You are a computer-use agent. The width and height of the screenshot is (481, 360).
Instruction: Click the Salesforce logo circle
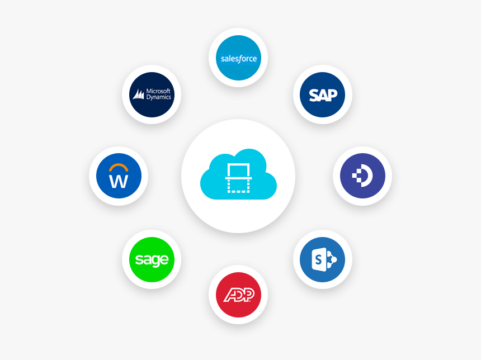[238, 58]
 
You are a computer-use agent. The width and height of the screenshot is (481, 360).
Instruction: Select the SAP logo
[322, 94]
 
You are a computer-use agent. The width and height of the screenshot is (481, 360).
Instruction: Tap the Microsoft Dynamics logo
[152, 94]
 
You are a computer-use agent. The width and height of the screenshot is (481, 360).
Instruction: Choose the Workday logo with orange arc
[119, 176]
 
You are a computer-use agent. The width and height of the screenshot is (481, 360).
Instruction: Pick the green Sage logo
[152, 259]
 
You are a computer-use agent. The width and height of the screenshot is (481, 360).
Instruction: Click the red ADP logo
[238, 295]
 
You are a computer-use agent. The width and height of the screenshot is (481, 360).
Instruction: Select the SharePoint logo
[322, 259]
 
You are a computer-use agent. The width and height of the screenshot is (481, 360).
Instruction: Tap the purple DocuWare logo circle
[362, 176]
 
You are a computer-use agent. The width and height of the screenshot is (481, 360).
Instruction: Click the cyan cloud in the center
[238, 174]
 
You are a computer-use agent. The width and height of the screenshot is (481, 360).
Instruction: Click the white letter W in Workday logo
[119, 181]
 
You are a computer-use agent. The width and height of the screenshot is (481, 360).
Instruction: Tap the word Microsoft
[158, 91]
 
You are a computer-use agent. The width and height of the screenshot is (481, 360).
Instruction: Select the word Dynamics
[158, 97]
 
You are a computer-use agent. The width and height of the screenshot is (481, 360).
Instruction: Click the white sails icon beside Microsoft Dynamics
[138, 94]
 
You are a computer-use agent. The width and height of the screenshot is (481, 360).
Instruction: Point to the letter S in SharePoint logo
[318, 260]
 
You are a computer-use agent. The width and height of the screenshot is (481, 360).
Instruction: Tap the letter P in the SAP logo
[331, 95]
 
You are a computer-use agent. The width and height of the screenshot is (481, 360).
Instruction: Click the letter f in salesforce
[238, 59]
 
